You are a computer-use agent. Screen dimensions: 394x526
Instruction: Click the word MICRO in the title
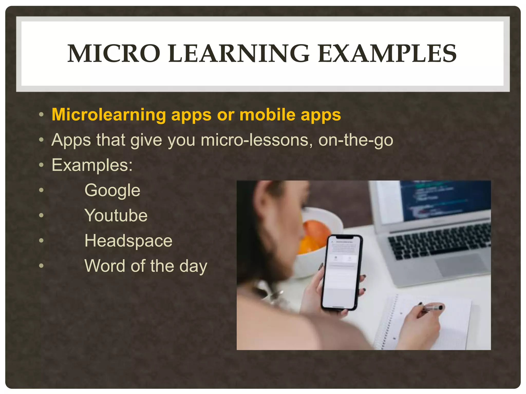tap(114, 53)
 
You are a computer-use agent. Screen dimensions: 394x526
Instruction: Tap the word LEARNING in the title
tap(239, 53)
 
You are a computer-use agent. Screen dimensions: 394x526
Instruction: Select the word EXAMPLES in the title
tap(387, 53)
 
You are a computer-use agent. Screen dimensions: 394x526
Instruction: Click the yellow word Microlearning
tap(109, 115)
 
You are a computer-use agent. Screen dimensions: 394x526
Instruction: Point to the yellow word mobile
tap(267, 115)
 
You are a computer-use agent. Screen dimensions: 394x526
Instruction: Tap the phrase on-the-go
tap(356, 140)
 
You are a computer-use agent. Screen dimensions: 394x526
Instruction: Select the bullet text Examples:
tap(92, 165)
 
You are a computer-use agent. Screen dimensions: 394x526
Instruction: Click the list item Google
tap(112, 190)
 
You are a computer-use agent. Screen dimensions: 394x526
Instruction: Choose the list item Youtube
tap(116, 215)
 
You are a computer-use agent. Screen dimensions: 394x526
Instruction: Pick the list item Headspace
tap(128, 241)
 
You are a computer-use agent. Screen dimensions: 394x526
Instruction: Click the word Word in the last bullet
tap(105, 266)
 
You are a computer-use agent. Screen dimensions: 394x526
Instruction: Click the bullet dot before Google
tap(41, 190)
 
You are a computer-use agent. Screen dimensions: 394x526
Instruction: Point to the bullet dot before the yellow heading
tap(41, 115)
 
